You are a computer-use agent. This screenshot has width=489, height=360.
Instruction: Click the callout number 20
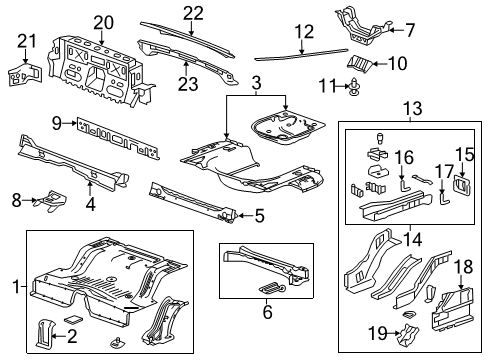click(x=104, y=22)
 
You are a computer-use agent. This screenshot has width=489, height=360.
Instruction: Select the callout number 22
click(x=193, y=12)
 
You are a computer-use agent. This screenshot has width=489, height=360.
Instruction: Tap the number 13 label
click(x=411, y=108)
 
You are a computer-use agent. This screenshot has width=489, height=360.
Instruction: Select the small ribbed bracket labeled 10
click(x=360, y=65)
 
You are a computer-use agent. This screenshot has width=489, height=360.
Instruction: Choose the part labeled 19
click(x=434, y=336)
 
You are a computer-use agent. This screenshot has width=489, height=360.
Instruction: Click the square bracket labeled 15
click(x=463, y=186)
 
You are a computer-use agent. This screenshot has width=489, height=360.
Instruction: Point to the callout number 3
click(x=257, y=80)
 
